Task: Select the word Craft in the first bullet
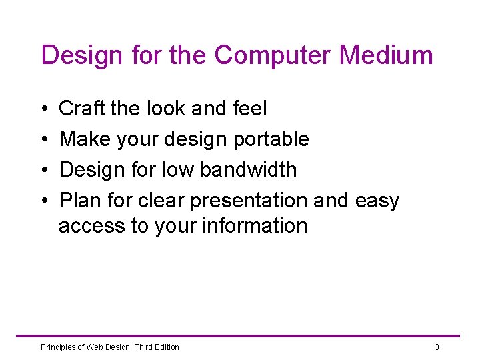pyautogui.click(x=82, y=108)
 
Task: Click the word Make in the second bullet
pyautogui.click(x=83, y=139)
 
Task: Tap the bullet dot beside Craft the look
pyautogui.click(x=43, y=109)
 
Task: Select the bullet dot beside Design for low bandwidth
pyautogui.click(x=43, y=170)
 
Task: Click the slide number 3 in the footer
pyautogui.click(x=437, y=347)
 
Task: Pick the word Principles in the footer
pyautogui.click(x=59, y=347)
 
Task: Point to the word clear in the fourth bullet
pyautogui.click(x=163, y=200)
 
